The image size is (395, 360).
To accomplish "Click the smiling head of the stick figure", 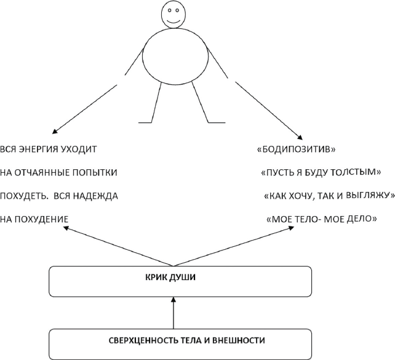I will (174, 15).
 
